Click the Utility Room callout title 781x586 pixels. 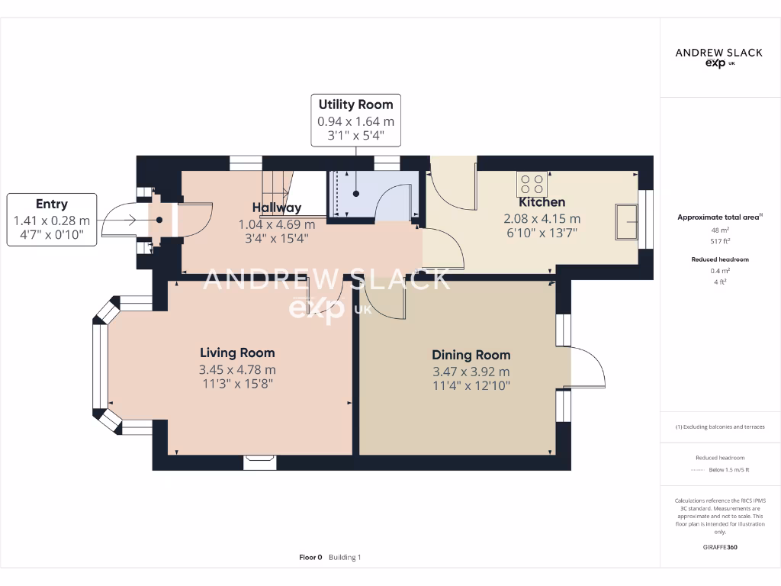(x=355, y=105)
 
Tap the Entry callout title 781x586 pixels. (x=52, y=204)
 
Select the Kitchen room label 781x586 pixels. (x=542, y=202)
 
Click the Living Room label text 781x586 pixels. (x=237, y=353)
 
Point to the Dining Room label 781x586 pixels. (x=471, y=355)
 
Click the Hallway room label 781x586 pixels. (x=277, y=208)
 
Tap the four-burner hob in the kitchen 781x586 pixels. (x=531, y=184)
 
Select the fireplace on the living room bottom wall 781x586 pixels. (x=260, y=459)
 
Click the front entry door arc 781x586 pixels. (x=118, y=221)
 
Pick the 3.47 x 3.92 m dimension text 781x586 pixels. (x=471, y=372)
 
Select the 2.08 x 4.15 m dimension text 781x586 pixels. (x=542, y=219)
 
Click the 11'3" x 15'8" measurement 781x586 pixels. (x=237, y=384)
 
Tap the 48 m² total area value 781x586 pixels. (x=720, y=229)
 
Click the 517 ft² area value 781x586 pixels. (x=720, y=240)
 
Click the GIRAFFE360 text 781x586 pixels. (x=720, y=547)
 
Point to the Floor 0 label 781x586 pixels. (x=310, y=558)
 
